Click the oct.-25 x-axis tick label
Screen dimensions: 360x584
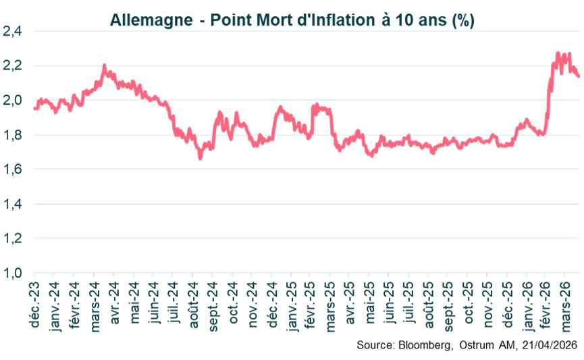469,303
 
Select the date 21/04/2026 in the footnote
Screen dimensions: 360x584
548,345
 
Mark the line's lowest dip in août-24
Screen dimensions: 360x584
200,158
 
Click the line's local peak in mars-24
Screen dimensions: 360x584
104,66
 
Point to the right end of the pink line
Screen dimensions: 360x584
578,76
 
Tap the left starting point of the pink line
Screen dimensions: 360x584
34,108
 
